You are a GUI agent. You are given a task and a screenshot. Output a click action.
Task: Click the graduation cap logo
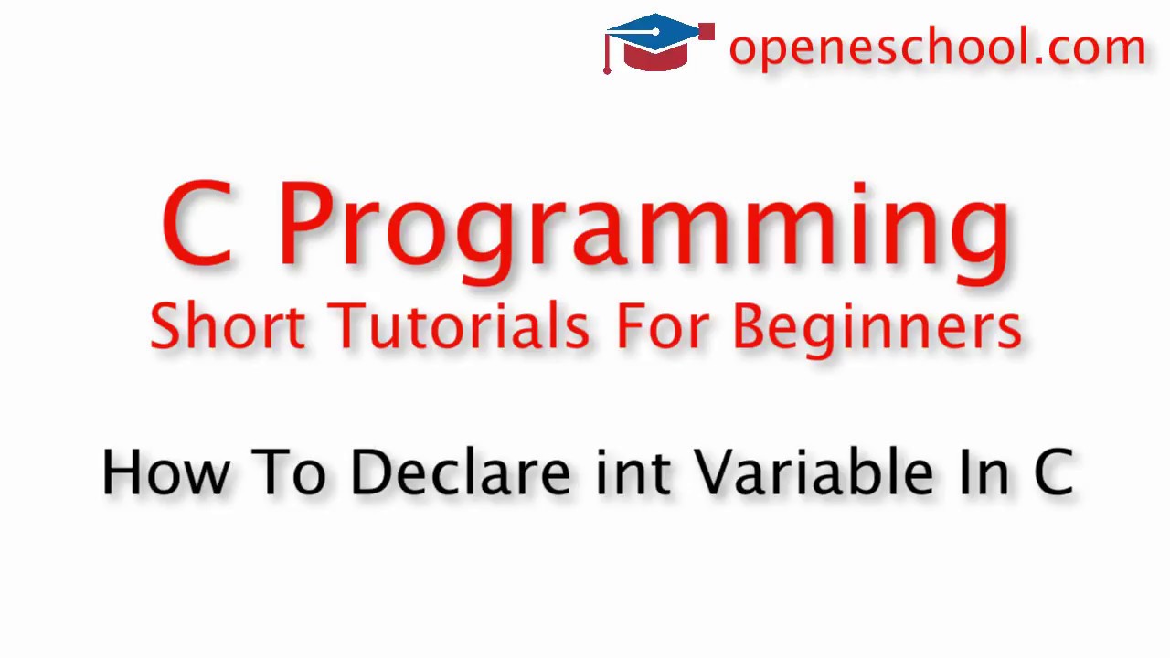click(x=658, y=42)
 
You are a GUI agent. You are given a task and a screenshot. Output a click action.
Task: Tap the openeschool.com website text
click(x=937, y=47)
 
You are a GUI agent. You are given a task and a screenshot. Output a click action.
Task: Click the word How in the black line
click(x=165, y=472)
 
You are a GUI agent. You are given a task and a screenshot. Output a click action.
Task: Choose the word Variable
click(x=814, y=472)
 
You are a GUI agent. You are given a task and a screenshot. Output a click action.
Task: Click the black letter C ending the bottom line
click(x=1054, y=472)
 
